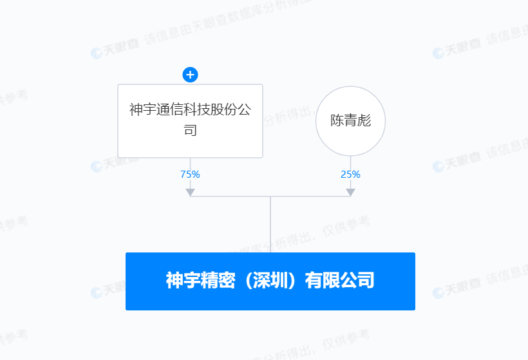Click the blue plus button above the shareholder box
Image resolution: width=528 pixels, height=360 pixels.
(x=190, y=75)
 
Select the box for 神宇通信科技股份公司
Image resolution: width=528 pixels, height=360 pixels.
(x=190, y=120)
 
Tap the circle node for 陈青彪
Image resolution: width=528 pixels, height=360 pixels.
(x=350, y=121)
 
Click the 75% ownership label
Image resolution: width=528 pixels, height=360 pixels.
(x=190, y=174)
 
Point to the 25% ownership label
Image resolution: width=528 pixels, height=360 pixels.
(x=350, y=174)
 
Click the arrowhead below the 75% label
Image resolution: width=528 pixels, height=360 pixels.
(x=190, y=192)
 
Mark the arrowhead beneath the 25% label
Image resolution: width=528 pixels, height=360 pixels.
(x=350, y=192)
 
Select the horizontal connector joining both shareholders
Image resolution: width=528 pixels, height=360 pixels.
(x=270, y=196)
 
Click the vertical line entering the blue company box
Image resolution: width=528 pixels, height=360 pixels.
(x=270, y=225)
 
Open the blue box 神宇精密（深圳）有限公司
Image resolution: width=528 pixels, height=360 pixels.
(x=270, y=281)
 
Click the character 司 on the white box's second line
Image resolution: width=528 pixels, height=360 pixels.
(x=190, y=131)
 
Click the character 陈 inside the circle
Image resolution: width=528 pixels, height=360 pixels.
(x=337, y=121)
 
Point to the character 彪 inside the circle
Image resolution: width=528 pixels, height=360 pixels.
(x=364, y=121)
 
